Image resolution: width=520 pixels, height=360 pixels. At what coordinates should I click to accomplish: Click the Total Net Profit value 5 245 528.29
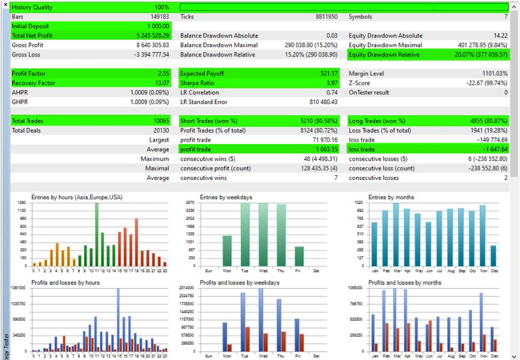150,35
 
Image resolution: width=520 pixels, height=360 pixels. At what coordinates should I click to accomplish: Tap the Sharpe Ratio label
199,83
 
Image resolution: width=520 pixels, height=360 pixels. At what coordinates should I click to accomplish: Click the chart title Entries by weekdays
226,197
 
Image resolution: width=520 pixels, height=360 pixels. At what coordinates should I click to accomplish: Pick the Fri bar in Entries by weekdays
300,256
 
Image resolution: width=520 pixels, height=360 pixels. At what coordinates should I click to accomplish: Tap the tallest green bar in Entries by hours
96,234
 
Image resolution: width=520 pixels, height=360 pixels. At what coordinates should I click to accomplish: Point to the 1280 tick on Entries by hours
22,203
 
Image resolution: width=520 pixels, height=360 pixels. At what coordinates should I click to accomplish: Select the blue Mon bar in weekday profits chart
225,337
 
